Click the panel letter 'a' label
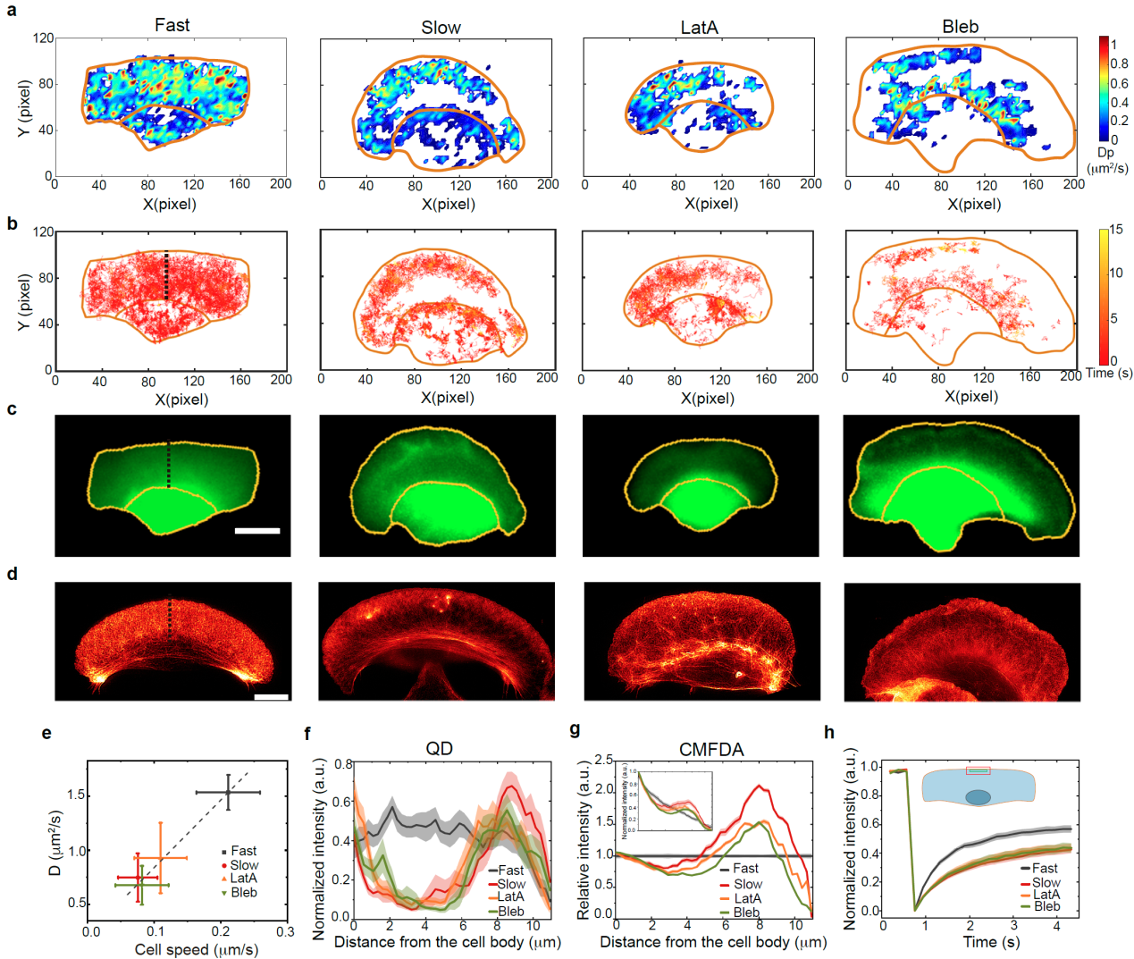point(12,13)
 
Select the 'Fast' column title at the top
point(172,25)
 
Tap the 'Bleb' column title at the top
point(960,27)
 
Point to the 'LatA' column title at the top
point(699,28)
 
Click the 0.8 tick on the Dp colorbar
point(1119,64)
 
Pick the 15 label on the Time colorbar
point(1116,230)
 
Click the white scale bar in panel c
point(257,531)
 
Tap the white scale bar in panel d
point(272,696)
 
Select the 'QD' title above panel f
point(439,749)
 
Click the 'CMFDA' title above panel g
point(711,750)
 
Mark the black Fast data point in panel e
point(228,792)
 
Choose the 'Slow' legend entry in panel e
point(243,865)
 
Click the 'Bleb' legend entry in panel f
point(510,912)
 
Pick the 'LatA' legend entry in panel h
point(1046,895)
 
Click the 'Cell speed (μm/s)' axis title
point(197,949)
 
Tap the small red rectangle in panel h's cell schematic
point(979,770)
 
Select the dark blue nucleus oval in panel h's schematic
point(978,796)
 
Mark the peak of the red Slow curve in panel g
point(760,787)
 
